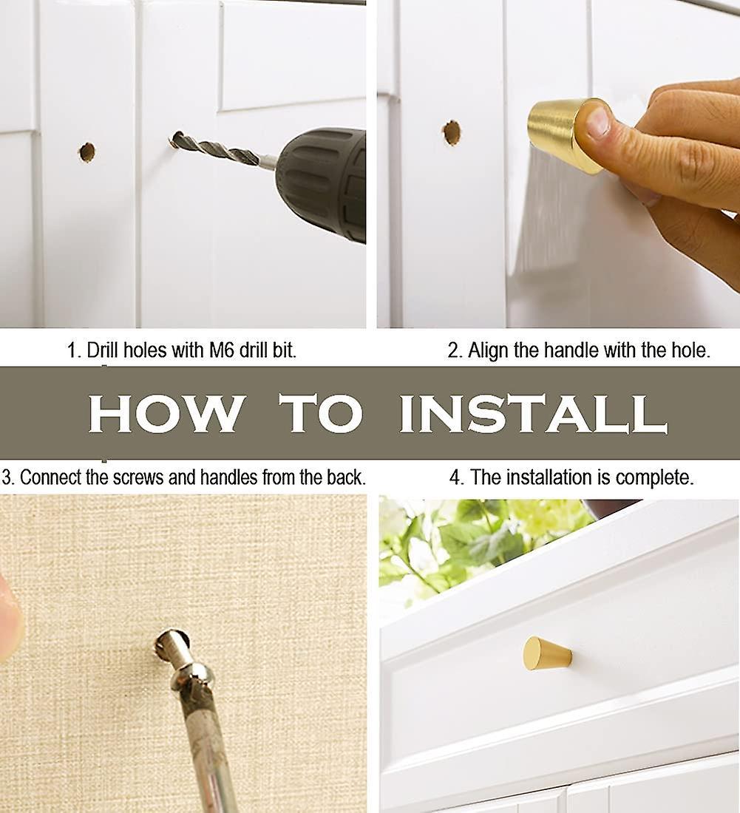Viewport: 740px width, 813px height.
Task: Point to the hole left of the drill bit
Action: (86, 152)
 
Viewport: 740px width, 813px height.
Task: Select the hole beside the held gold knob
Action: (452, 133)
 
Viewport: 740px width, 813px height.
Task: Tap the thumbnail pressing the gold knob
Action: (598, 120)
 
